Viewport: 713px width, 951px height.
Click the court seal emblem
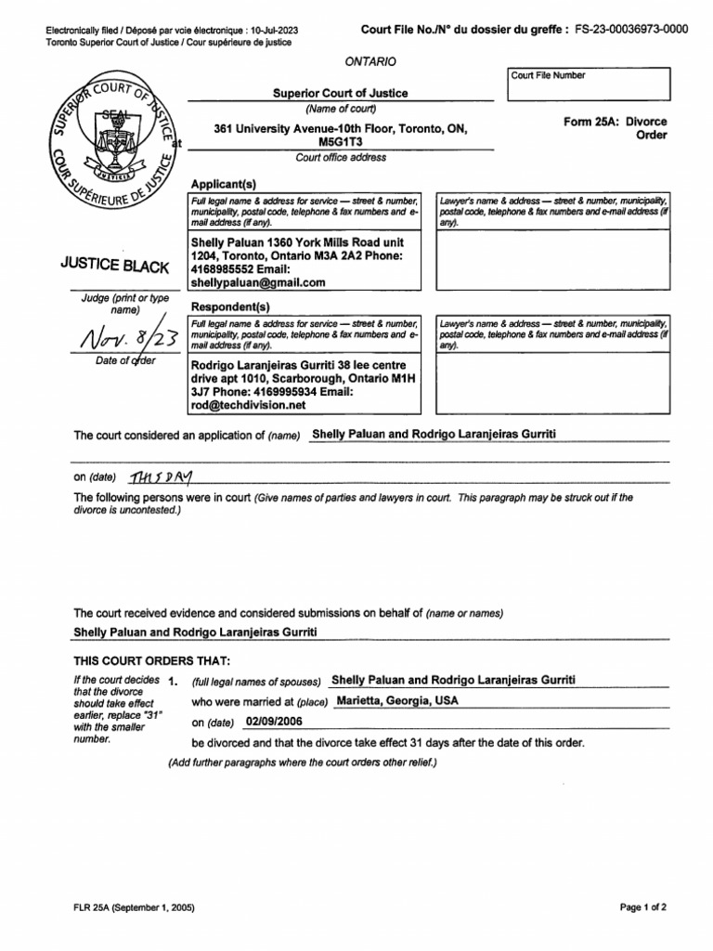(112, 143)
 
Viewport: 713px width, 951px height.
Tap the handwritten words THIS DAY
(160, 476)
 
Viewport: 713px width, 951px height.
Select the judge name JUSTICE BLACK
(114, 267)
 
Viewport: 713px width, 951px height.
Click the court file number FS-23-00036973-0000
(631, 29)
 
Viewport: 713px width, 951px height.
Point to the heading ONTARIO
(369, 61)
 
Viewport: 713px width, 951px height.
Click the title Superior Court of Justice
(339, 93)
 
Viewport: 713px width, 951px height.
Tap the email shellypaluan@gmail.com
(258, 282)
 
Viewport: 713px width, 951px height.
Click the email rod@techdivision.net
(248, 405)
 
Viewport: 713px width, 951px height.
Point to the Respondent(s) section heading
(230, 306)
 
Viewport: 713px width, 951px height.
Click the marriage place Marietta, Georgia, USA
(397, 700)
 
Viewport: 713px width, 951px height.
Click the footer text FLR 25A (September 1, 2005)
(135, 906)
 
